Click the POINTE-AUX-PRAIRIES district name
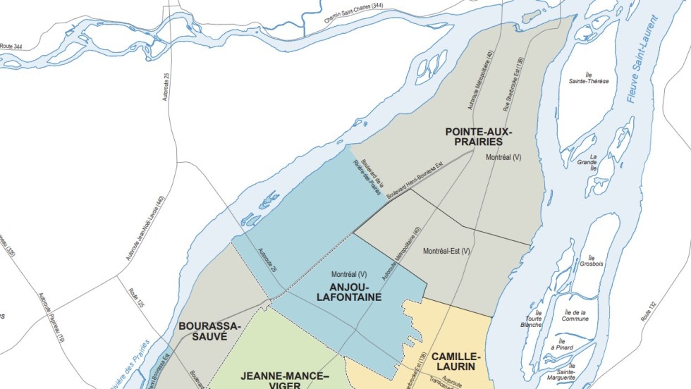(x=479, y=137)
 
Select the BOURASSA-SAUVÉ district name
(x=209, y=331)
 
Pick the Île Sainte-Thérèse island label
(x=589, y=77)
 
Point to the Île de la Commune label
(x=575, y=315)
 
